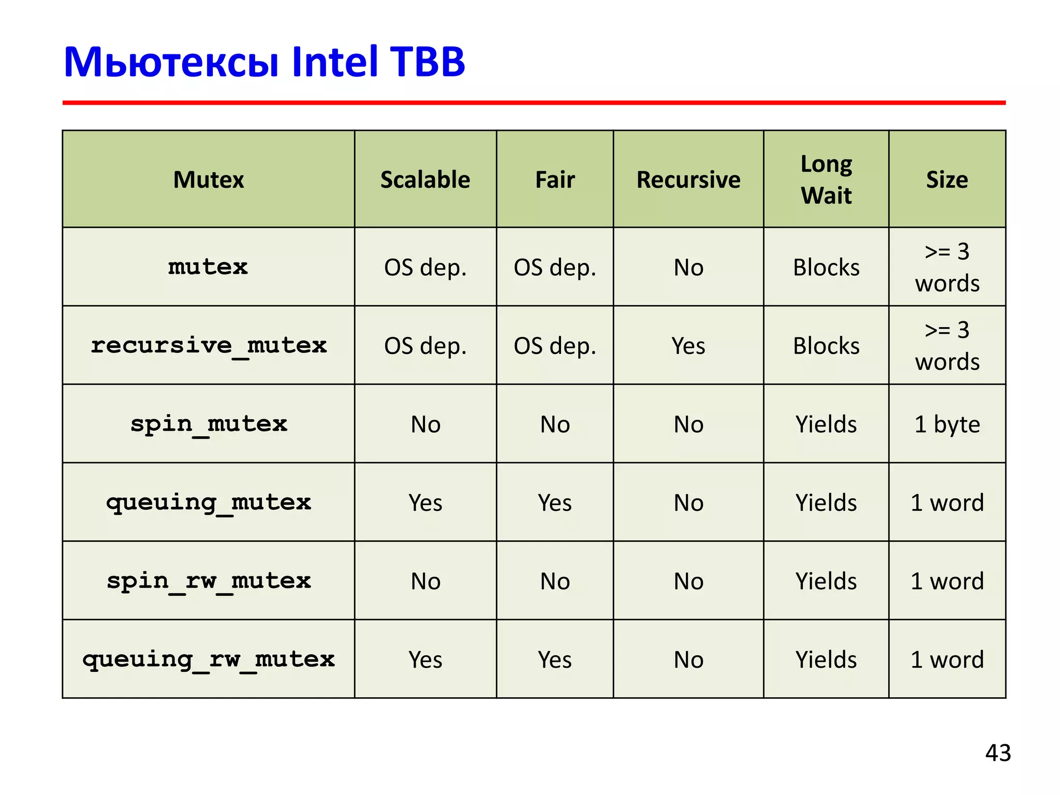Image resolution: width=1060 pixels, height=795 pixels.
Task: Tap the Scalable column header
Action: click(425, 180)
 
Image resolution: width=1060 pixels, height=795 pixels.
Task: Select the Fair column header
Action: click(555, 180)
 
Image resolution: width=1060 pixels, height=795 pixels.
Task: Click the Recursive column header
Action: click(688, 180)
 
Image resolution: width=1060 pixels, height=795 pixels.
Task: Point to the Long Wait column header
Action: click(826, 180)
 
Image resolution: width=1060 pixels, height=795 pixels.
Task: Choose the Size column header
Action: click(947, 180)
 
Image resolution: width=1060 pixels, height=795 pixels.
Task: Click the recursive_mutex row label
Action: click(209, 346)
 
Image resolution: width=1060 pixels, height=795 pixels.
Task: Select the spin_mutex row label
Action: click(209, 424)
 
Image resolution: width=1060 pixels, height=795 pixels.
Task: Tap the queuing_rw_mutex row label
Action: click(209, 659)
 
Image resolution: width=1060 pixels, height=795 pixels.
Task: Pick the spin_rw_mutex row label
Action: click(209, 581)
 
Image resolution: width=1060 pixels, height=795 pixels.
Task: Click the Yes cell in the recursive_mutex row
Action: click(688, 346)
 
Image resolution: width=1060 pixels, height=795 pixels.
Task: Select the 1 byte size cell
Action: click(947, 424)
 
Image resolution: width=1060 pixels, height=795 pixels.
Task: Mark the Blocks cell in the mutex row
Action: click(826, 268)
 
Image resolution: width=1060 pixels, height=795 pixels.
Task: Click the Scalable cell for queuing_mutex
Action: click(425, 503)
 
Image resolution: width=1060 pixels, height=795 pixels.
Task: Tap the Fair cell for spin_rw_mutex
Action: click(555, 581)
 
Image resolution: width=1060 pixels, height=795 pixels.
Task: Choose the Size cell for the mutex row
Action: click(947, 268)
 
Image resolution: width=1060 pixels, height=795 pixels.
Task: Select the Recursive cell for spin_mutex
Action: click(688, 424)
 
